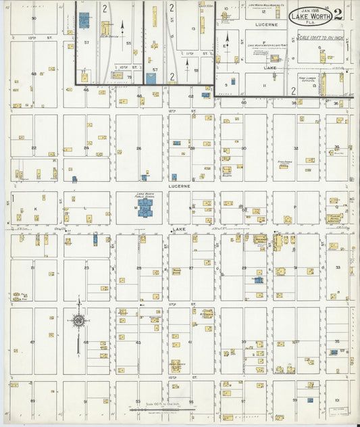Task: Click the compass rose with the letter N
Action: point(78,320)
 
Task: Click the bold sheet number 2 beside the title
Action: point(337,14)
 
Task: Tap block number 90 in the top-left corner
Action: point(33,18)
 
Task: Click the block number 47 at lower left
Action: point(32,342)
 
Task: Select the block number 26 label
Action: point(138,148)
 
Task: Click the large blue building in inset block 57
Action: point(84,20)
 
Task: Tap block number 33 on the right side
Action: point(337,268)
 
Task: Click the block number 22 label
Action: point(32,147)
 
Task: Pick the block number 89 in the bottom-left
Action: point(32,401)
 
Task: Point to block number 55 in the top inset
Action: point(128,42)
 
